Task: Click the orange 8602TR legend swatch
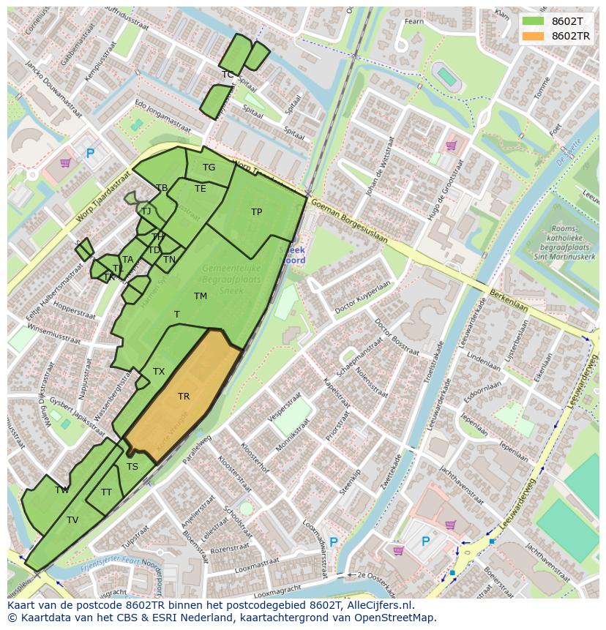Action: tap(533, 36)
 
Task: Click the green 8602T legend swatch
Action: tap(533, 21)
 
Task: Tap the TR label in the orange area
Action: tap(184, 397)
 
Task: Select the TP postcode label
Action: tap(256, 212)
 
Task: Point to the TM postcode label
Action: tap(201, 296)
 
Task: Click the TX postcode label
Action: tap(159, 372)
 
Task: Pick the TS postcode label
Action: tap(132, 466)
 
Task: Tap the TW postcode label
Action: tap(62, 490)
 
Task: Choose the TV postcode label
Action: tap(72, 520)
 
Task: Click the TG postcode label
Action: tap(209, 168)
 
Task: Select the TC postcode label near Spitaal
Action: tap(228, 75)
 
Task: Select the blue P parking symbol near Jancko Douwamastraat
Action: tap(91, 154)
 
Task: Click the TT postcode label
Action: tap(107, 492)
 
